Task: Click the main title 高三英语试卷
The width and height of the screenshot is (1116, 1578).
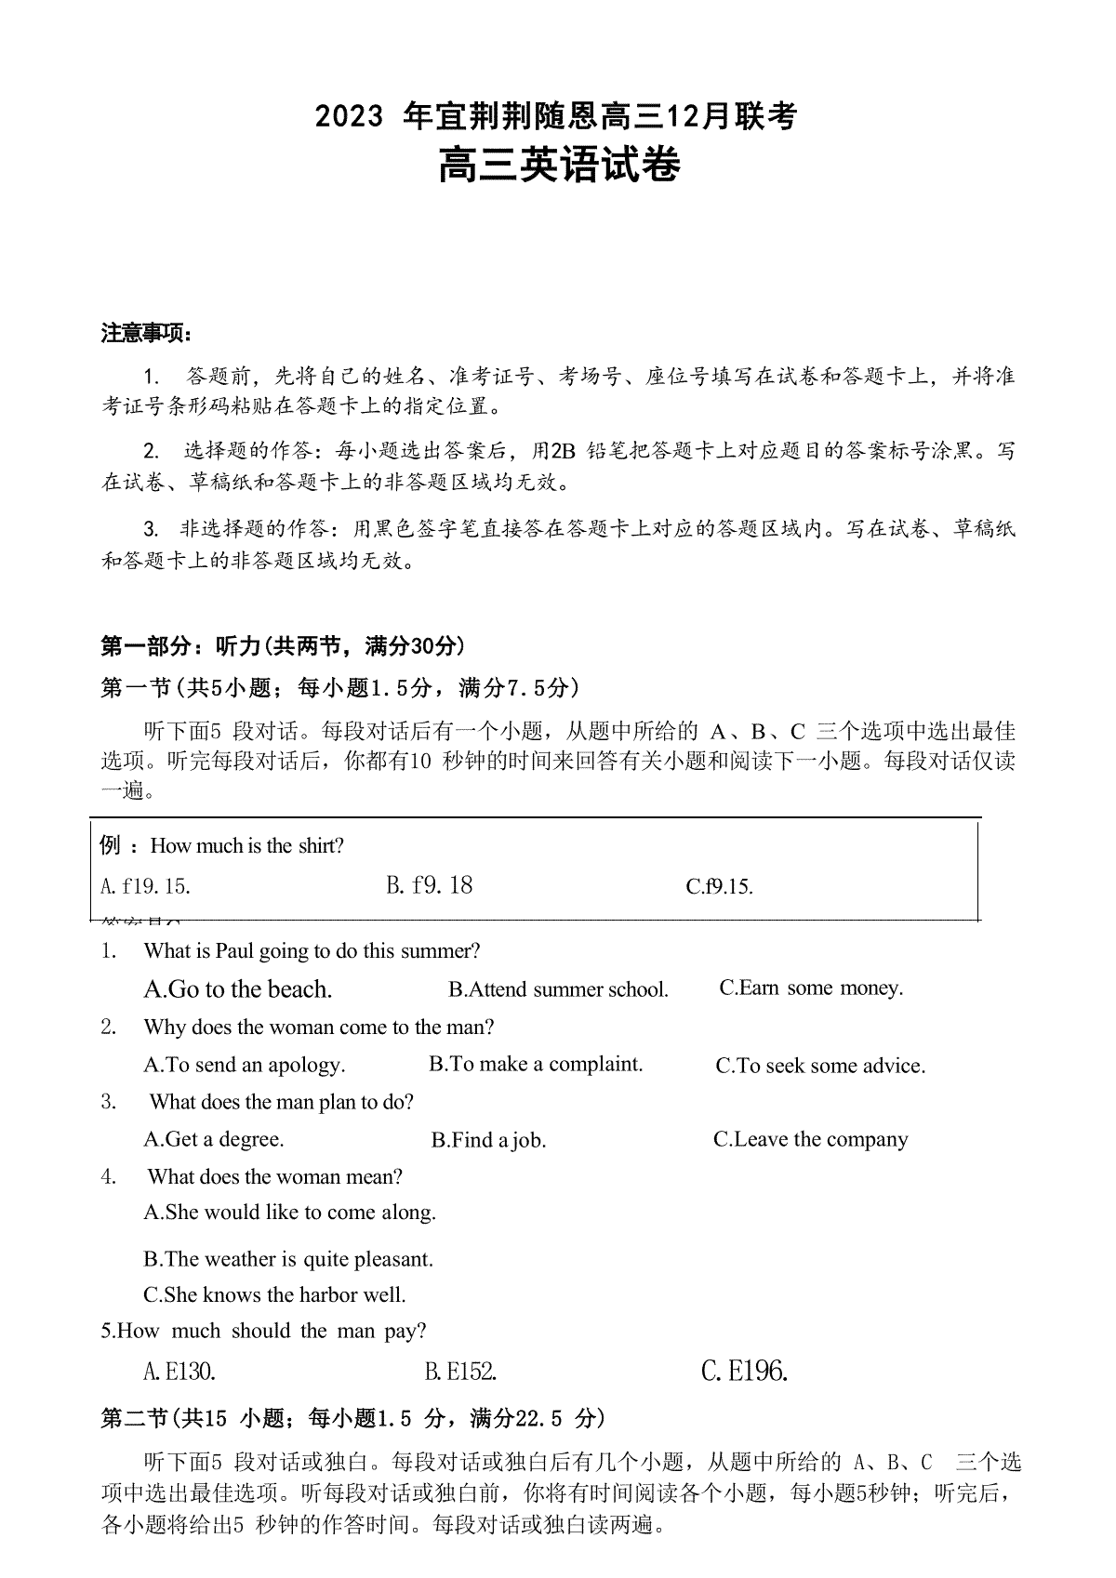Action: (x=559, y=166)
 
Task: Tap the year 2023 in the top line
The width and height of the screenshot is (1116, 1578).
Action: (x=349, y=117)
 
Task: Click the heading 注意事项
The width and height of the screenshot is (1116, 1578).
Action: (x=147, y=334)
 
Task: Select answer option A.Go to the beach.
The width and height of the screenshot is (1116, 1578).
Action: (x=238, y=989)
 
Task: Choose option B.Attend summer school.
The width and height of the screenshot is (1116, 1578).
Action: (x=558, y=989)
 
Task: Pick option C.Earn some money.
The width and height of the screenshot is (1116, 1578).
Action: (x=811, y=988)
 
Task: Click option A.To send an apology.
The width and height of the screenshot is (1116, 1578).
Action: (x=245, y=1066)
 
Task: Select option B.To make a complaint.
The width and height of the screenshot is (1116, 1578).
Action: (x=536, y=1065)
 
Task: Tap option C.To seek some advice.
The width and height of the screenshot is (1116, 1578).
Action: (x=820, y=1067)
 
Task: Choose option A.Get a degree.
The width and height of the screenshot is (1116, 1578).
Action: (x=214, y=1140)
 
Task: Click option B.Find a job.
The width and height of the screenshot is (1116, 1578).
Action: (x=488, y=1141)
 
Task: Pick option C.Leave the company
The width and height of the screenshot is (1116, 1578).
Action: (x=810, y=1140)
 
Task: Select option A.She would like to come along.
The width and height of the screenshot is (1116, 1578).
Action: (x=289, y=1213)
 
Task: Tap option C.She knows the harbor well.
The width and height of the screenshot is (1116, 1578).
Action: (x=274, y=1295)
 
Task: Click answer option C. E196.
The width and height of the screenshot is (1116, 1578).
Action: (x=744, y=1372)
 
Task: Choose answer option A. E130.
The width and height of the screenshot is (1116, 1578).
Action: (x=179, y=1372)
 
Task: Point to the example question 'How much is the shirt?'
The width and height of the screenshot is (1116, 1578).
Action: (x=246, y=846)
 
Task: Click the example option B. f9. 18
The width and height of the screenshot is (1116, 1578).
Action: (x=429, y=885)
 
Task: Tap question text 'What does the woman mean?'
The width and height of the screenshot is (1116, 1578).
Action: (x=274, y=1177)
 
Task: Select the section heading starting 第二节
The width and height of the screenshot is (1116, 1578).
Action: (x=352, y=1419)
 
